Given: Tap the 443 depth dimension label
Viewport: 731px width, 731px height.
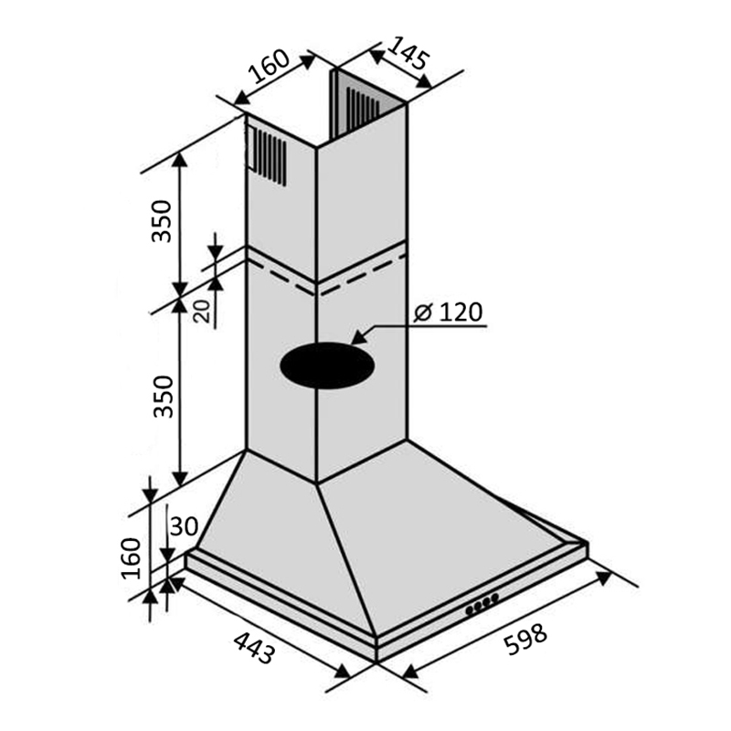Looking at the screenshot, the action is [x=254, y=648].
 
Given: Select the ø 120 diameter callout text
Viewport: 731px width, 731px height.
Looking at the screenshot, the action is [x=448, y=312].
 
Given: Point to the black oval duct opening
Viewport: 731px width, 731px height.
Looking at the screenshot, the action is [x=327, y=365].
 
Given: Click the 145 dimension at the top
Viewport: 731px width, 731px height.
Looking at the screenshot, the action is [x=407, y=53].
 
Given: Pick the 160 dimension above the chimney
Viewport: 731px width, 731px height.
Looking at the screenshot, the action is [x=269, y=66].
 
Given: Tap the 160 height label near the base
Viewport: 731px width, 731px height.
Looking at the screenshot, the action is [x=131, y=558].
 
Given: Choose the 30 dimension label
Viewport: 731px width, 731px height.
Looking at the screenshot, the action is [x=185, y=527].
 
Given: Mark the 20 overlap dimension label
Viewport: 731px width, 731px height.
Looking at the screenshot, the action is [x=202, y=311].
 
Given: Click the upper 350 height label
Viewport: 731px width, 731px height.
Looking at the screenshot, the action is [x=162, y=221].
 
